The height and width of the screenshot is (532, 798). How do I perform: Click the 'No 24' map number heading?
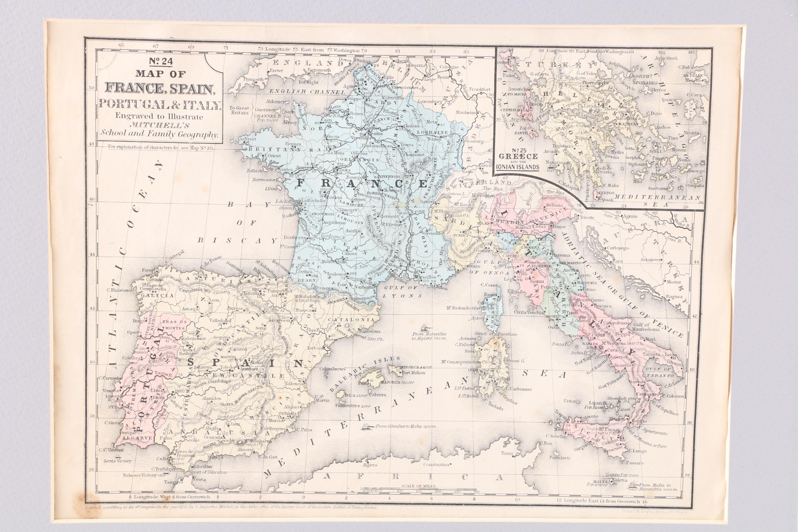coord(160,62)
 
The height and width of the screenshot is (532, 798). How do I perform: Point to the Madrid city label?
coord(228,357)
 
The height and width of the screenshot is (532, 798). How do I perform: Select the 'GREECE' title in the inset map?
coord(518,156)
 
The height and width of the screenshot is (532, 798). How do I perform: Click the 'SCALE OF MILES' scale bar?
coord(419,490)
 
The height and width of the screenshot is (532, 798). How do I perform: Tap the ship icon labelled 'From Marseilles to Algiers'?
coord(424,328)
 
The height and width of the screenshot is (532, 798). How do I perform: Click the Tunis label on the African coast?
coord(507,453)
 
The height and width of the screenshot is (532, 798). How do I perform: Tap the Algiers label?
coord(370,465)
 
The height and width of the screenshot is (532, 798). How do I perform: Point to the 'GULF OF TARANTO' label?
coord(659,372)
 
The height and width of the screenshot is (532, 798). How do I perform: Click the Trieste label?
coord(587,218)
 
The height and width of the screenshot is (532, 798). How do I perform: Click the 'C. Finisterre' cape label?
coord(118,290)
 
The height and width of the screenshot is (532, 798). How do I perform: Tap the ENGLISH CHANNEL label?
coord(307,92)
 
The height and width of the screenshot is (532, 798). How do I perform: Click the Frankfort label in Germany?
coord(480,89)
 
